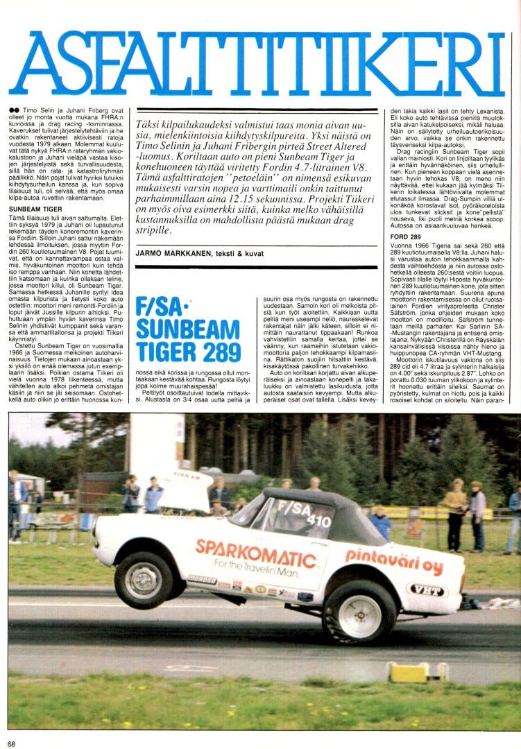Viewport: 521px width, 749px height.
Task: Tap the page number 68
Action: tap(12, 743)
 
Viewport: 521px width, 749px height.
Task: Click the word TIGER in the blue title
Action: tap(165, 352)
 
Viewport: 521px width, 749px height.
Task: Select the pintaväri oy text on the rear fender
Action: tap(394, 560)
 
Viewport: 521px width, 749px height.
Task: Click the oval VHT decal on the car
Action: tap(427, 589)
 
